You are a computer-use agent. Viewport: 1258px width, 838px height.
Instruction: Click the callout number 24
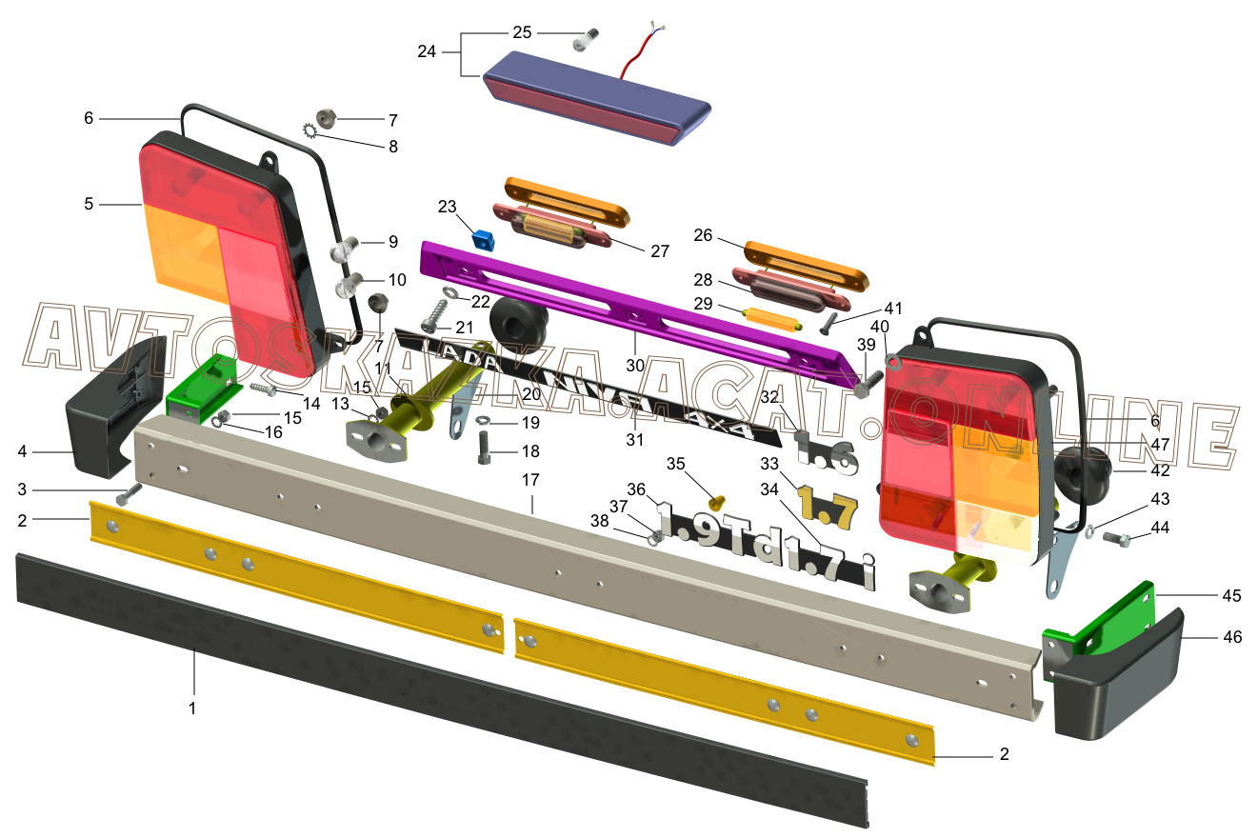[427, 51]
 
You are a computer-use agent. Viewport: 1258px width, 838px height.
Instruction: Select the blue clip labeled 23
[485, 239]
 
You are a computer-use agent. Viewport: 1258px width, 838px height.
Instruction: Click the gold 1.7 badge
[827, 505]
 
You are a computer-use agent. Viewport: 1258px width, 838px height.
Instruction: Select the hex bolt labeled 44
[1116, 539]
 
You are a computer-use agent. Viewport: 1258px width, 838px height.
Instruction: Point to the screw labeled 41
[828, 323]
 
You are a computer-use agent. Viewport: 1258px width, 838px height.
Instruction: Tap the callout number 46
[1231, 637]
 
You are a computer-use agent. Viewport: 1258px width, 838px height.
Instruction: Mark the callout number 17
[531, 480]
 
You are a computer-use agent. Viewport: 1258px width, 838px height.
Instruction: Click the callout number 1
[192, 708]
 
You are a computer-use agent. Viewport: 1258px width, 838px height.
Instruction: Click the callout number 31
[634, 440]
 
